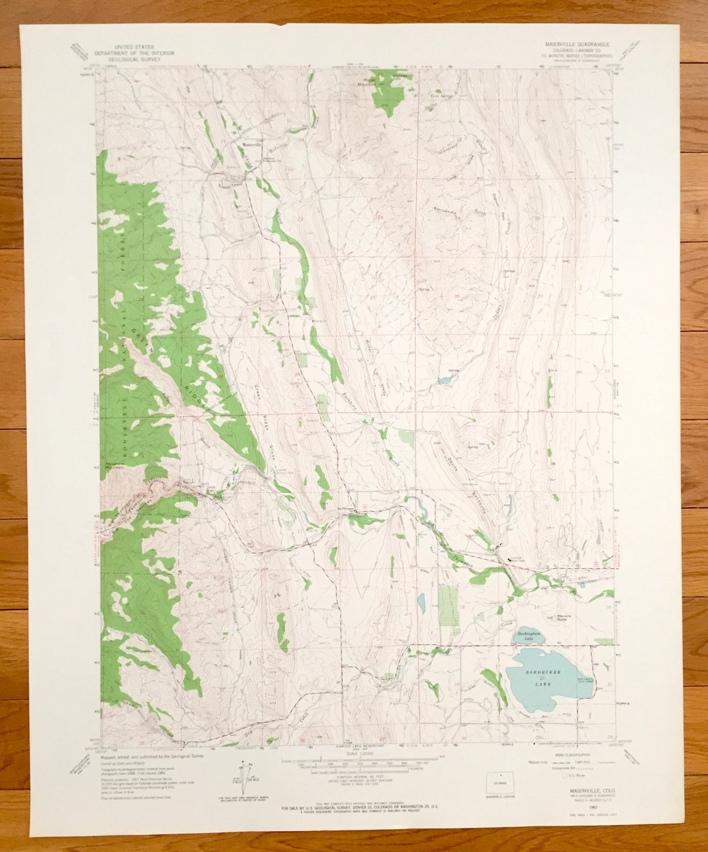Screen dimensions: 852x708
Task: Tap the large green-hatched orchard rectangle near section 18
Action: tap(448, 610)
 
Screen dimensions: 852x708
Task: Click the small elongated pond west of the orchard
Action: tap(421, 602)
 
